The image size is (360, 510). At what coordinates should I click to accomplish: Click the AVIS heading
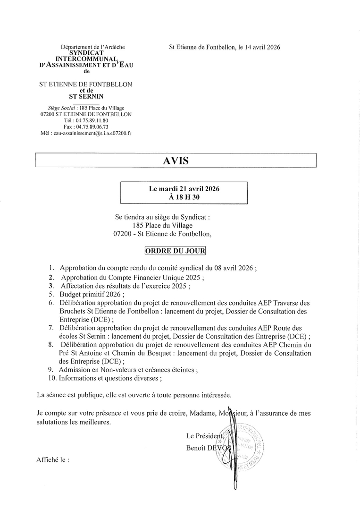click(176, 161)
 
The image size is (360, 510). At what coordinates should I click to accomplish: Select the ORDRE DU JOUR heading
click(176, 251)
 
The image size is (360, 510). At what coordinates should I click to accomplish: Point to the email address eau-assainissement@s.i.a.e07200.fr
click(86, 133)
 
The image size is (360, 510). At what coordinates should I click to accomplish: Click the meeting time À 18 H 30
click(184, 197)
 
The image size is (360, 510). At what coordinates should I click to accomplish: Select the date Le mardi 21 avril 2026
click(184, 188)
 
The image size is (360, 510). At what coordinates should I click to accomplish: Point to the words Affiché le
click(52, 459)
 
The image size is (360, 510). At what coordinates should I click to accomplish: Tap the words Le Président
click(204, 435)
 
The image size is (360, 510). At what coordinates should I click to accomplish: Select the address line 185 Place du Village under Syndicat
click(163, 225)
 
